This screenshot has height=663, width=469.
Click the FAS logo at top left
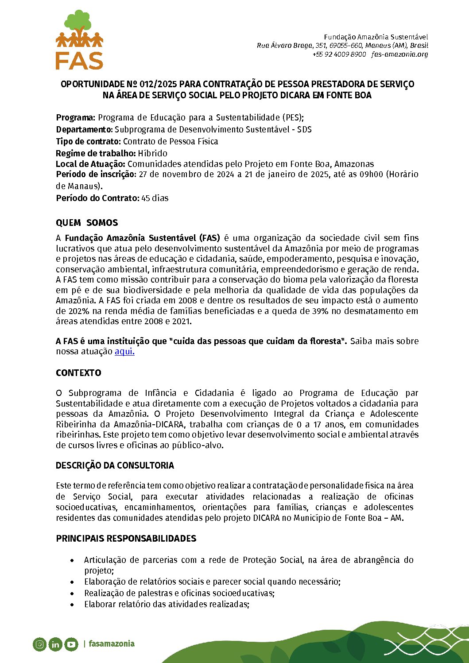click(79, 40)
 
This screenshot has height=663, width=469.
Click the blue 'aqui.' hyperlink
click(124, 352)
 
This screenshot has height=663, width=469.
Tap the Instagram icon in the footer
click(39, 644)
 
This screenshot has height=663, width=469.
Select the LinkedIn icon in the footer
click(55, 644)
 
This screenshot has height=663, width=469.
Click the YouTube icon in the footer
click(71, 644)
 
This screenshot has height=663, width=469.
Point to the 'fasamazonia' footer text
click(111, 644)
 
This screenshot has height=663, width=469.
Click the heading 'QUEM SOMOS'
click(87, 223)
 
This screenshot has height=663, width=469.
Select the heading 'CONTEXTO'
click(78, 373)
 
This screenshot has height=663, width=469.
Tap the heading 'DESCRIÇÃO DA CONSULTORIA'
click(115, 465)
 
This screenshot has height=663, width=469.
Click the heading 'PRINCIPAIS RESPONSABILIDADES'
click(126, 539)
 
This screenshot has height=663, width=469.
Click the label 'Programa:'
click(75, 118)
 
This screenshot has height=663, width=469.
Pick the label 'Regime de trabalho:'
click(95, 153)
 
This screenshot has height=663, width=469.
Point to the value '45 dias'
click(155, 198)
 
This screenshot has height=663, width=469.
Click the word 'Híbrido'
click(152, 153)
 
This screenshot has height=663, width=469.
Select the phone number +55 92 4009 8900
click(339, 54)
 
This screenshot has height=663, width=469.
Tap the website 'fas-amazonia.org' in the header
click(399, 54)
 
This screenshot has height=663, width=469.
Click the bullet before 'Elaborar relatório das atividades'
click(72, 605)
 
